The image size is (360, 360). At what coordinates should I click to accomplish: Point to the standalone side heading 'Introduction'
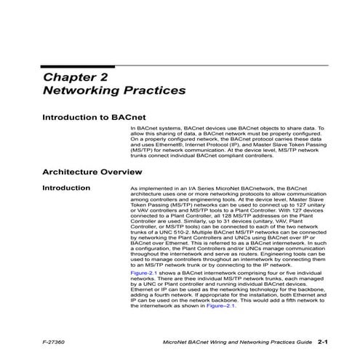point(66,188)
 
